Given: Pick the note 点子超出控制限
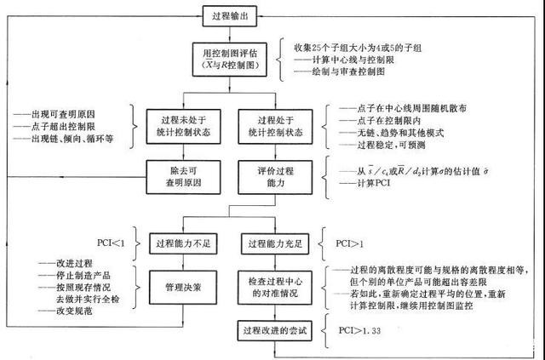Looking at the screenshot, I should click(60, 125).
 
